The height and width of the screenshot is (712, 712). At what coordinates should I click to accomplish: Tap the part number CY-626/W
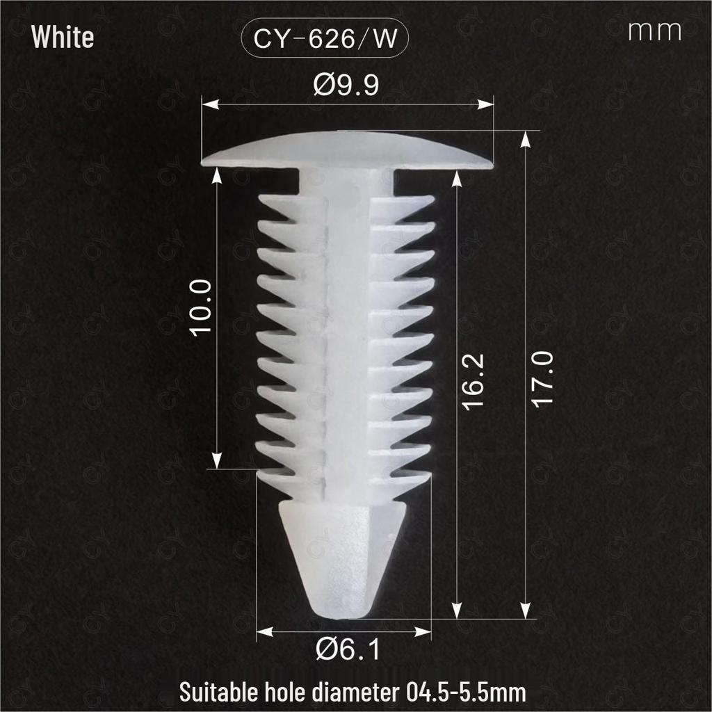(x=325, y=38)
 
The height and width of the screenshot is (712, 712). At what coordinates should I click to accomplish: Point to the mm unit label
(x=655, y=31)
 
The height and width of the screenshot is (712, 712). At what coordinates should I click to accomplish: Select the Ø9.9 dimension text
(x=346, y=84)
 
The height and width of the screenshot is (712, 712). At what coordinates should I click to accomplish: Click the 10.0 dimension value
(x=201, y=308)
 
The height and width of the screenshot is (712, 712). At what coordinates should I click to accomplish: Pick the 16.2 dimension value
(x=473, y=382)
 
